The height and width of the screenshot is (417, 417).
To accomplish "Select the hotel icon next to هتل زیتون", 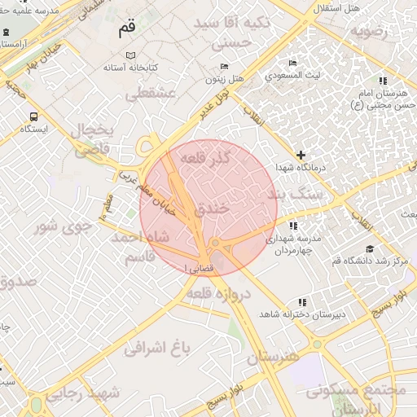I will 225,66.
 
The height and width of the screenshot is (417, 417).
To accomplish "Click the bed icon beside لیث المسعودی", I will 293,63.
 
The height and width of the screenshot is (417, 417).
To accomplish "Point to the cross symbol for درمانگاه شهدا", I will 301,155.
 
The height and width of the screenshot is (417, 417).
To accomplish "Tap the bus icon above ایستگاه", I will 33,116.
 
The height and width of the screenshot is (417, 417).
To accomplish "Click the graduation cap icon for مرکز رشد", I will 370,248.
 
